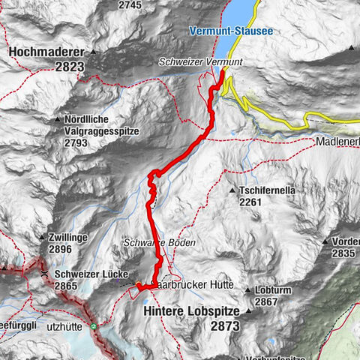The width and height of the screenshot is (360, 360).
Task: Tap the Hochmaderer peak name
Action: point(46,52)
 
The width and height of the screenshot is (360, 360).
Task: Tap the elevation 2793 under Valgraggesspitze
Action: point(77,142)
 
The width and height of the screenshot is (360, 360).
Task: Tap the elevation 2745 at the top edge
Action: point(130,4)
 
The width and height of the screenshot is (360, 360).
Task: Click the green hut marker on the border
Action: point(94,327)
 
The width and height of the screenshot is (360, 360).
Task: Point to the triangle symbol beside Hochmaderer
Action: point(92,52)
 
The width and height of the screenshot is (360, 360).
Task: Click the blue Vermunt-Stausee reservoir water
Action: point(240,11)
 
